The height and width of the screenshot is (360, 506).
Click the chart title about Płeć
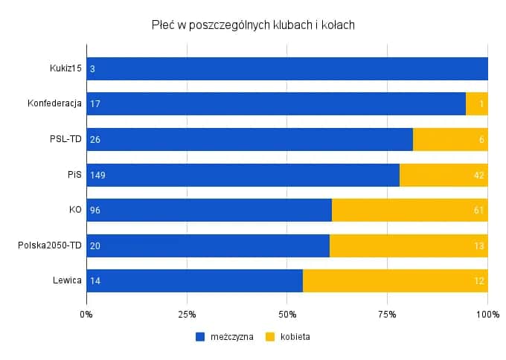[x=253, y=25]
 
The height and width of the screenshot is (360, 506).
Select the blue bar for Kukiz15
[x=286, y=68]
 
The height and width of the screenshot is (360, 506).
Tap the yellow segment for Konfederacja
[x=476, y=104]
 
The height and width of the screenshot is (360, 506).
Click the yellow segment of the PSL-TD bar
[x=449, y=140]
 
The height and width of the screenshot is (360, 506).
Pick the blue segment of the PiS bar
[x=243, y=176]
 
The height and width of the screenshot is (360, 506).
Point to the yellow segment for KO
[x=409, y=210]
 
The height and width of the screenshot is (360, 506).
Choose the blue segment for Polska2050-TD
[x=208, y=246]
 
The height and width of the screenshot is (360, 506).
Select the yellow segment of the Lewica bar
[x=394, y=281]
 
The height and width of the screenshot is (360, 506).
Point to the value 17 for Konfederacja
[x=94, y=104]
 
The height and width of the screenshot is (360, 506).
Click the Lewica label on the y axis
[x=66, y=281]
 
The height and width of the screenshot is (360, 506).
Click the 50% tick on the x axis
[x=286, y=315]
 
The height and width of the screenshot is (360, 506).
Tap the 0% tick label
[x=86, y=315]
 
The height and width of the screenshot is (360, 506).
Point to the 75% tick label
[x=387, y=315]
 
